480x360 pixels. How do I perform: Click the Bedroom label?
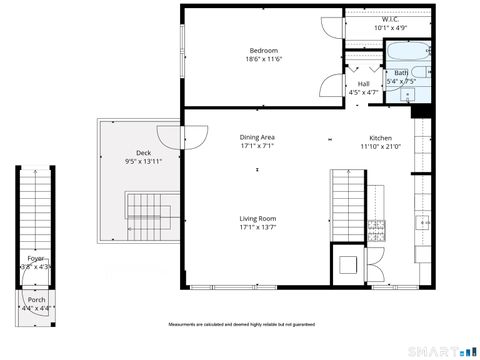pos(264,50)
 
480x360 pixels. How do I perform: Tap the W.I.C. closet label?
pos(390,19)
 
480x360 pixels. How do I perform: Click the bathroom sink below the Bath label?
pos(409,96)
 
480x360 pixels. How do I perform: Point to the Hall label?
pos(363,84)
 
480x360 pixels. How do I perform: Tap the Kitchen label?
pos(380,137)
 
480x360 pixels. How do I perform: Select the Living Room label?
pos(257,218)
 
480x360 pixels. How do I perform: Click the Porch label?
pos(36,300)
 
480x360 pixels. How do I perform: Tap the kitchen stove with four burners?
pos(377,229)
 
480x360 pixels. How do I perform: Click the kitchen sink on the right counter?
pos(421,222)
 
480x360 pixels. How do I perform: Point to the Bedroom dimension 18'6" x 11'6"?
pos(264,59)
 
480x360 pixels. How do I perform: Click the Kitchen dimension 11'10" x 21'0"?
pos(380,146)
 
